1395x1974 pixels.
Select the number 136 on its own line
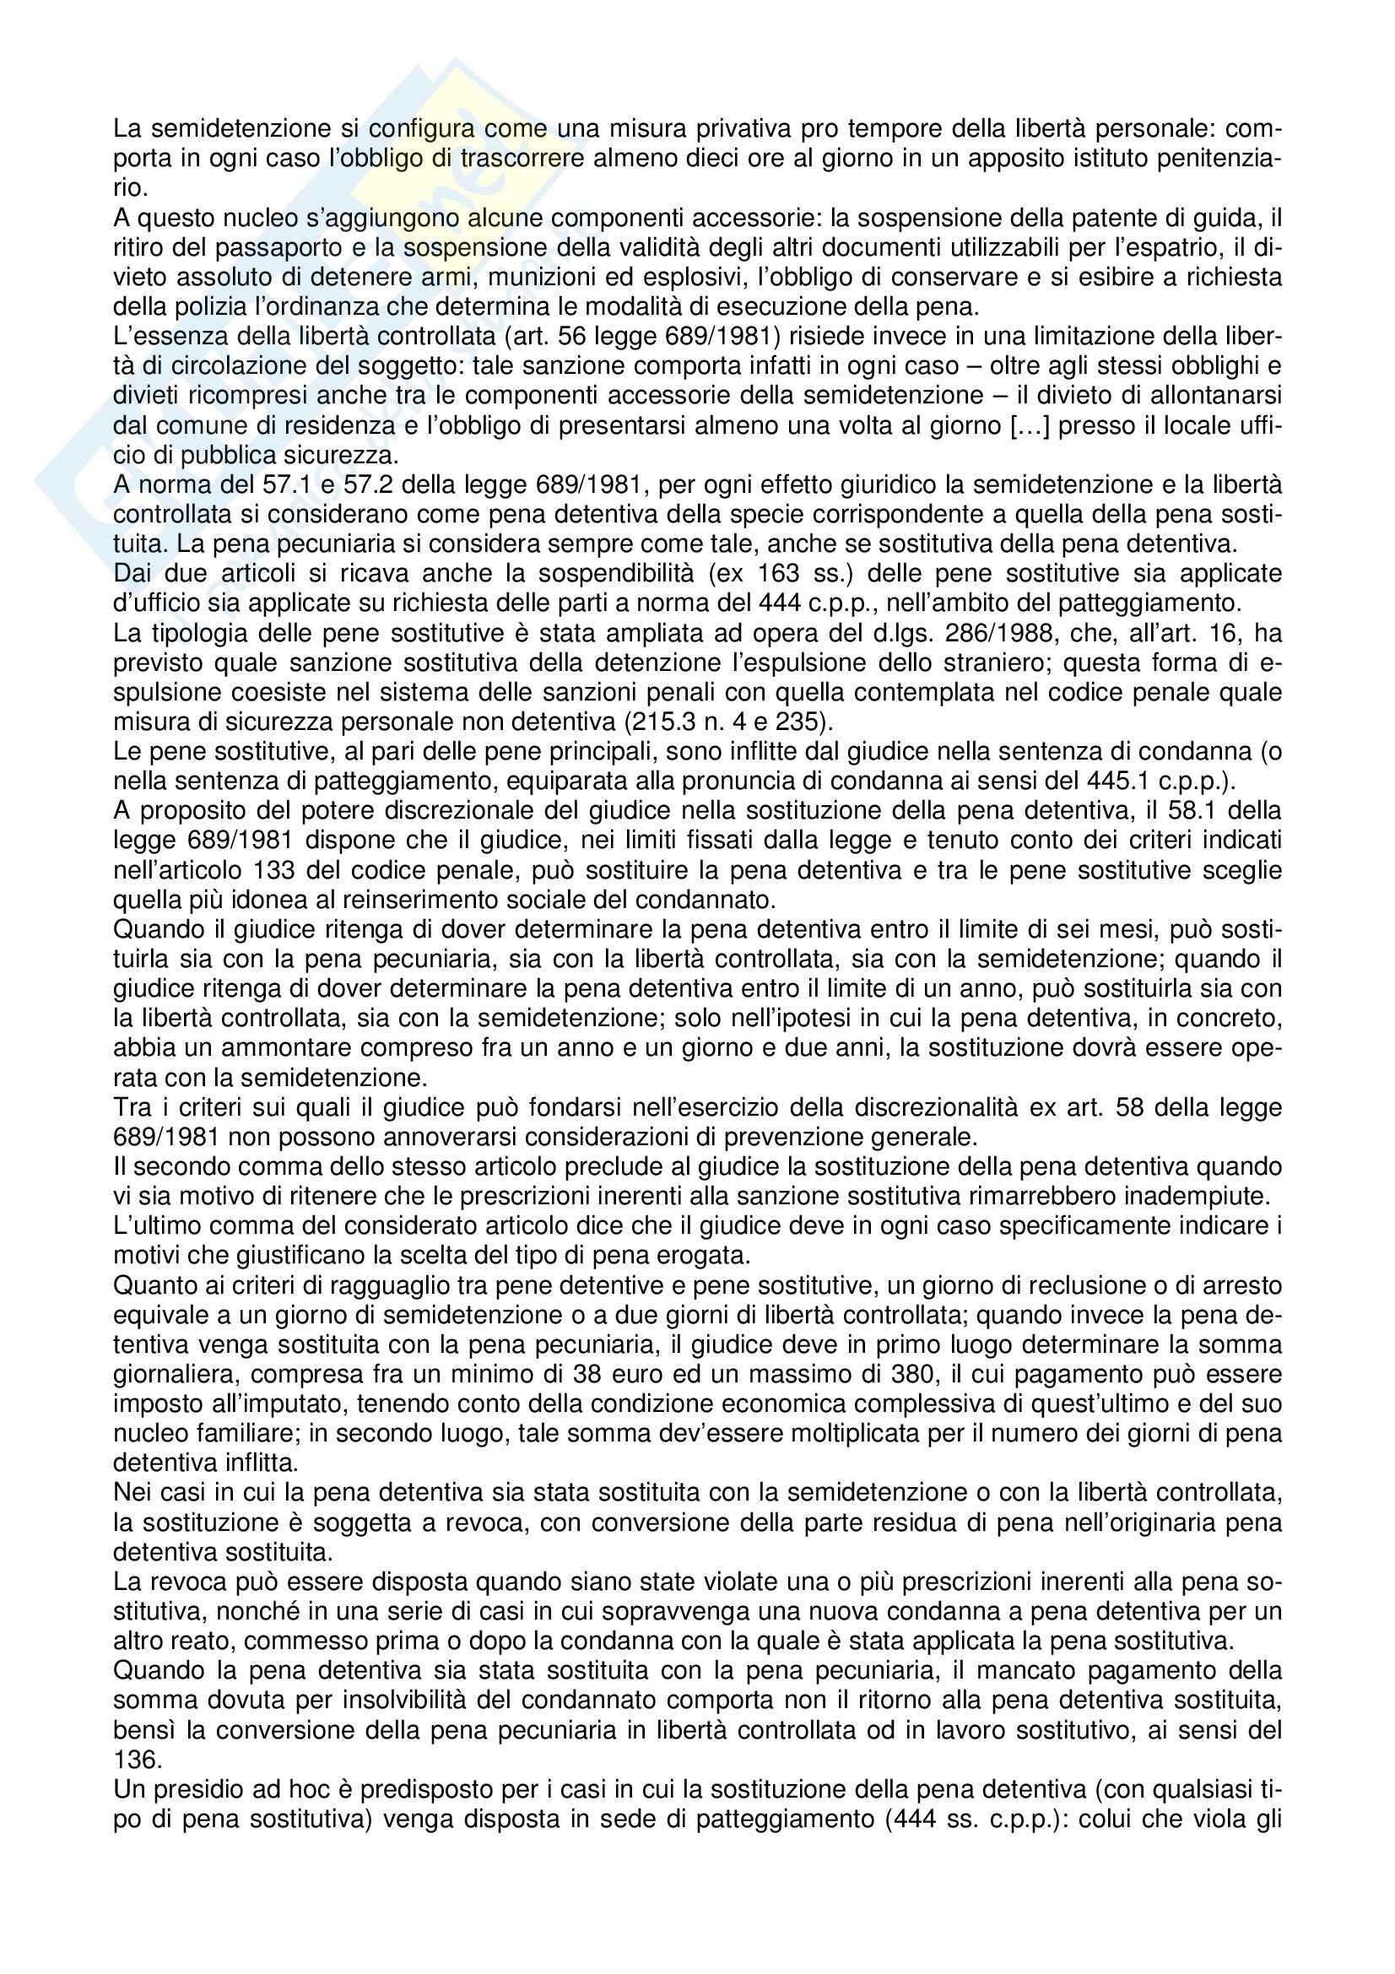tap(134, 1760)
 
